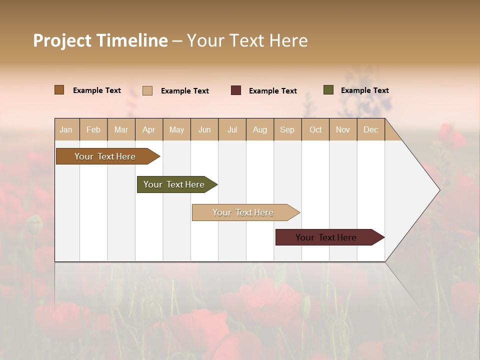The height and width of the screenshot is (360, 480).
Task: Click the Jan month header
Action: pos(66,129)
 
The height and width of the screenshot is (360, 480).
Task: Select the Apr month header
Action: pos(148,129)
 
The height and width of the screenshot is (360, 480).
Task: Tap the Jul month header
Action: pos(232,129)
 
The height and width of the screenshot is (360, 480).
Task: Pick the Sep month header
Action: pos(287,129)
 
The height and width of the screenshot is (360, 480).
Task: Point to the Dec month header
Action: pos(370,129)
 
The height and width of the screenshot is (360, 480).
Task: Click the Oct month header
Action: pos(315,129)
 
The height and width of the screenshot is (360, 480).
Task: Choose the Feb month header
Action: pos(93,129)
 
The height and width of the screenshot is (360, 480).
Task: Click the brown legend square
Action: pos(59,90)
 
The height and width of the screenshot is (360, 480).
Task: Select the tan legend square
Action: pos(147,90)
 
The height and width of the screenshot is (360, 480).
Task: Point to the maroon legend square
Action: pos(236,90)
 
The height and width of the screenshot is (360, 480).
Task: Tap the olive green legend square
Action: pos(328,90)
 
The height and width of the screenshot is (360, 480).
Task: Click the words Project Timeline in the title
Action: pos(100,40)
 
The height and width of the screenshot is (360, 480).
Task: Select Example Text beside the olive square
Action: pos(364,90)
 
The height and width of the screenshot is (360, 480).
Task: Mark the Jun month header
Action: pos(204,129)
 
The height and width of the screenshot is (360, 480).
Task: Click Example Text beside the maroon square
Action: pos(272,91)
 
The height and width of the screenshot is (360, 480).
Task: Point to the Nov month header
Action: pos(343,129)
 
